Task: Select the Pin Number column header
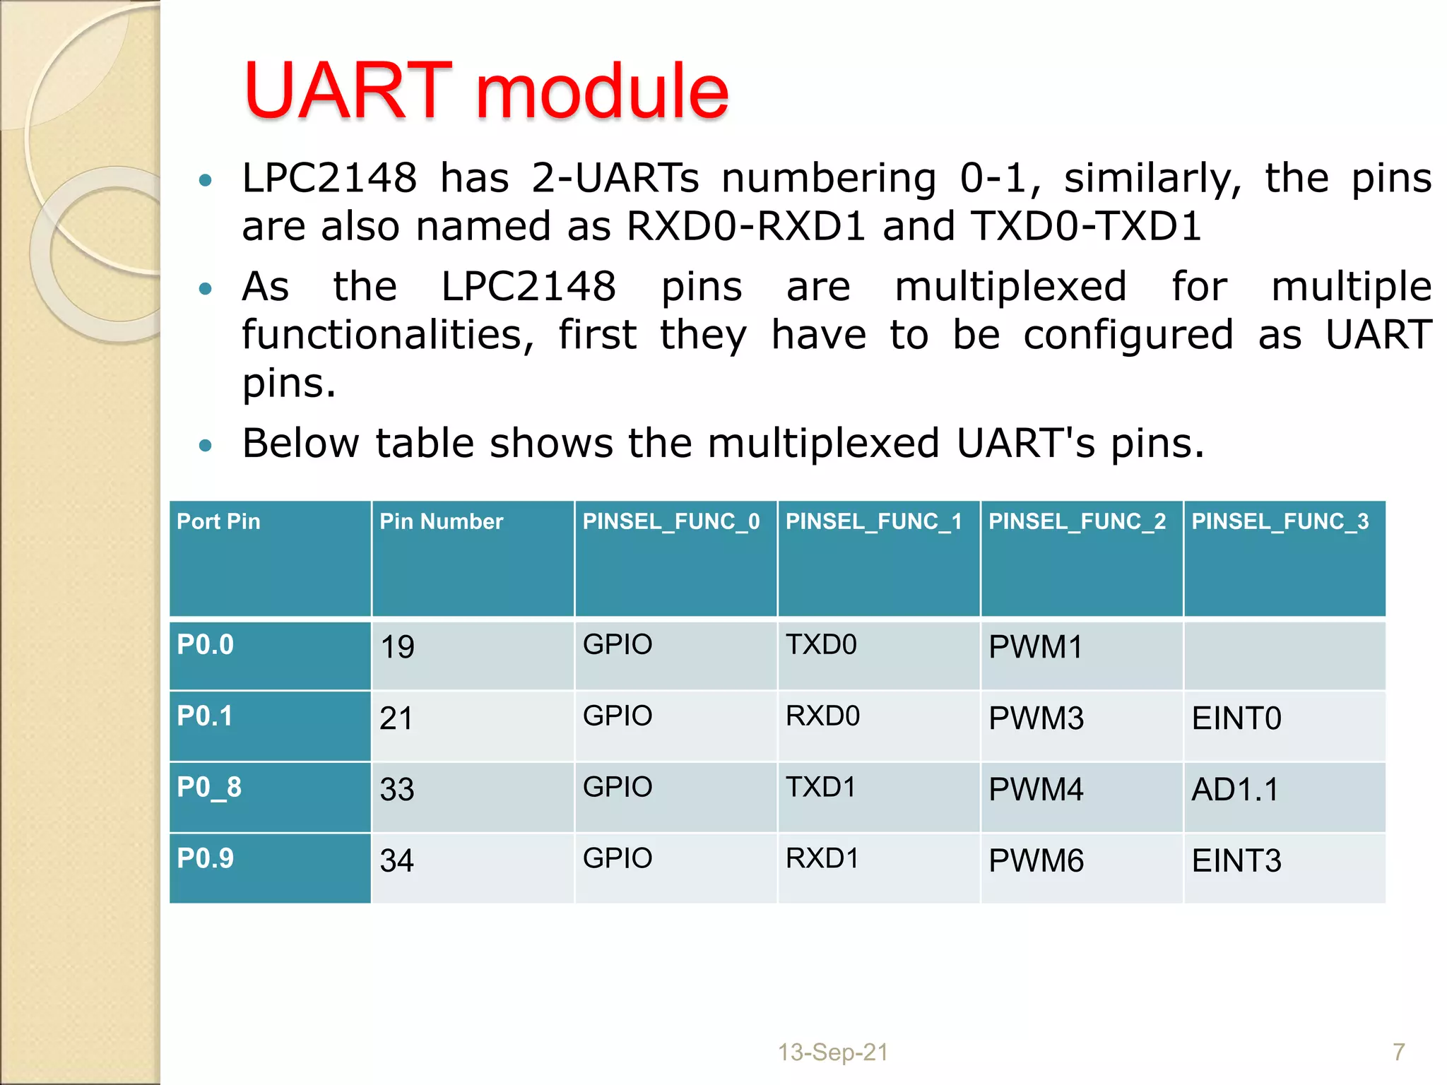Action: pos(441,521)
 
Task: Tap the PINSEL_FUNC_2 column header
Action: pos(1077,521)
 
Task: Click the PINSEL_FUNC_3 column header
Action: pos(1280,521)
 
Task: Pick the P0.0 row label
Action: pos(205,644)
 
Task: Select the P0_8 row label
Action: pos(209,787)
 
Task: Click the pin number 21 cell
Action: pos(396,718)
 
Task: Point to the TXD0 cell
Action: pos(821,644)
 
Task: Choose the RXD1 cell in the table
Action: pos(822,858)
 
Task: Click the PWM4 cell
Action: pos(1036,790)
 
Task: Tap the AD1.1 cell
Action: pos(1235,790)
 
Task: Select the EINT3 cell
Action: pos(1236,861)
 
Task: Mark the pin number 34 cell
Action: pos(396,861)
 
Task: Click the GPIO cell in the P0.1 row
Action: pos(618,716)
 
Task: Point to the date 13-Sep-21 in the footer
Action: pos(832,1052)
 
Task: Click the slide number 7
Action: pos(1398,1052)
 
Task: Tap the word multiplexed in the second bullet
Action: pos(1010,287)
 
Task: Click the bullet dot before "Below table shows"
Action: pos(206,446)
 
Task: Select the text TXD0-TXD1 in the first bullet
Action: pos(1086,227)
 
